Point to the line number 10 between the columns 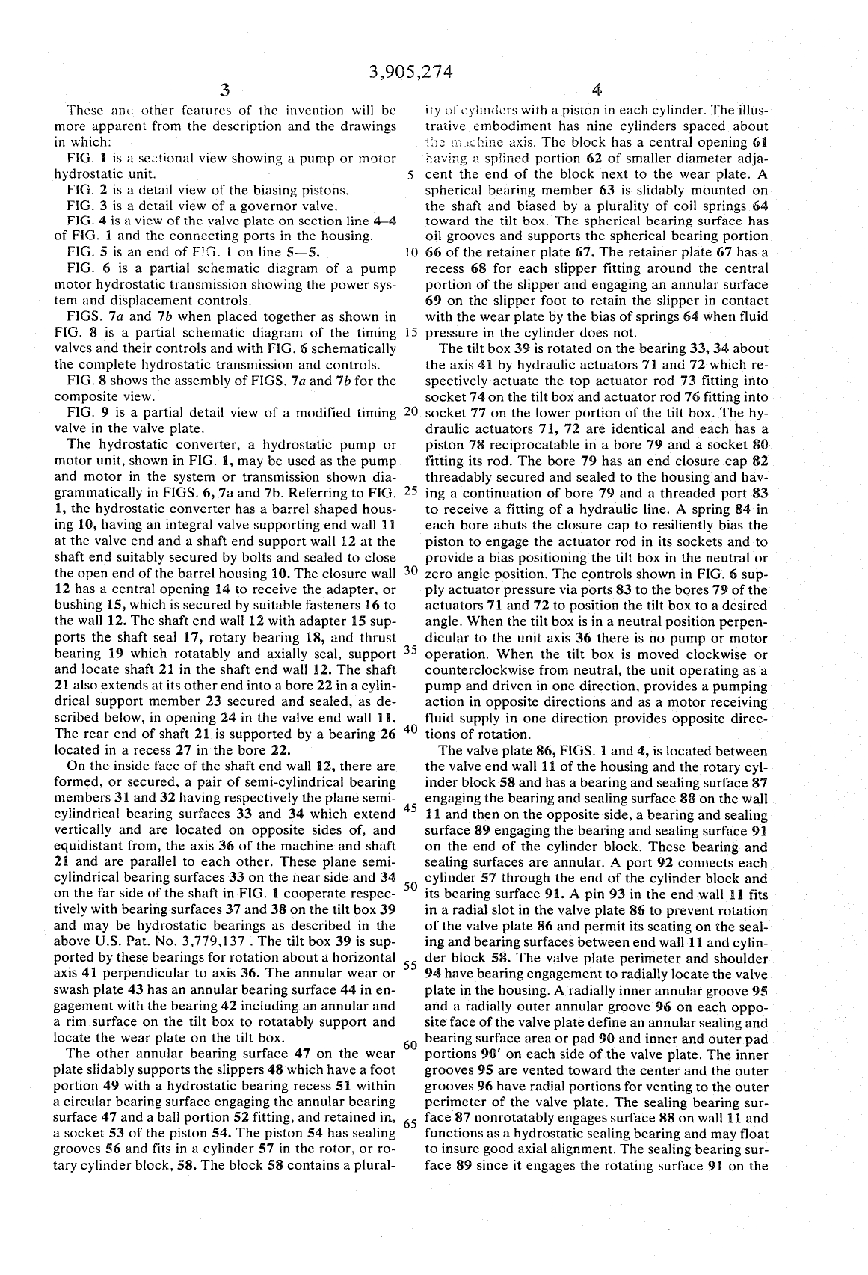(408, 252)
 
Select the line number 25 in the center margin (409, 491)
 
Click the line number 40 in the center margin (409, 729)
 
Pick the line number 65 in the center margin (409, 1123)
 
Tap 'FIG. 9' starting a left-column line (84, 412)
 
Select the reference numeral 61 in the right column (763, 142)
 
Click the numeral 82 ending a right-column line (761, 477)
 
